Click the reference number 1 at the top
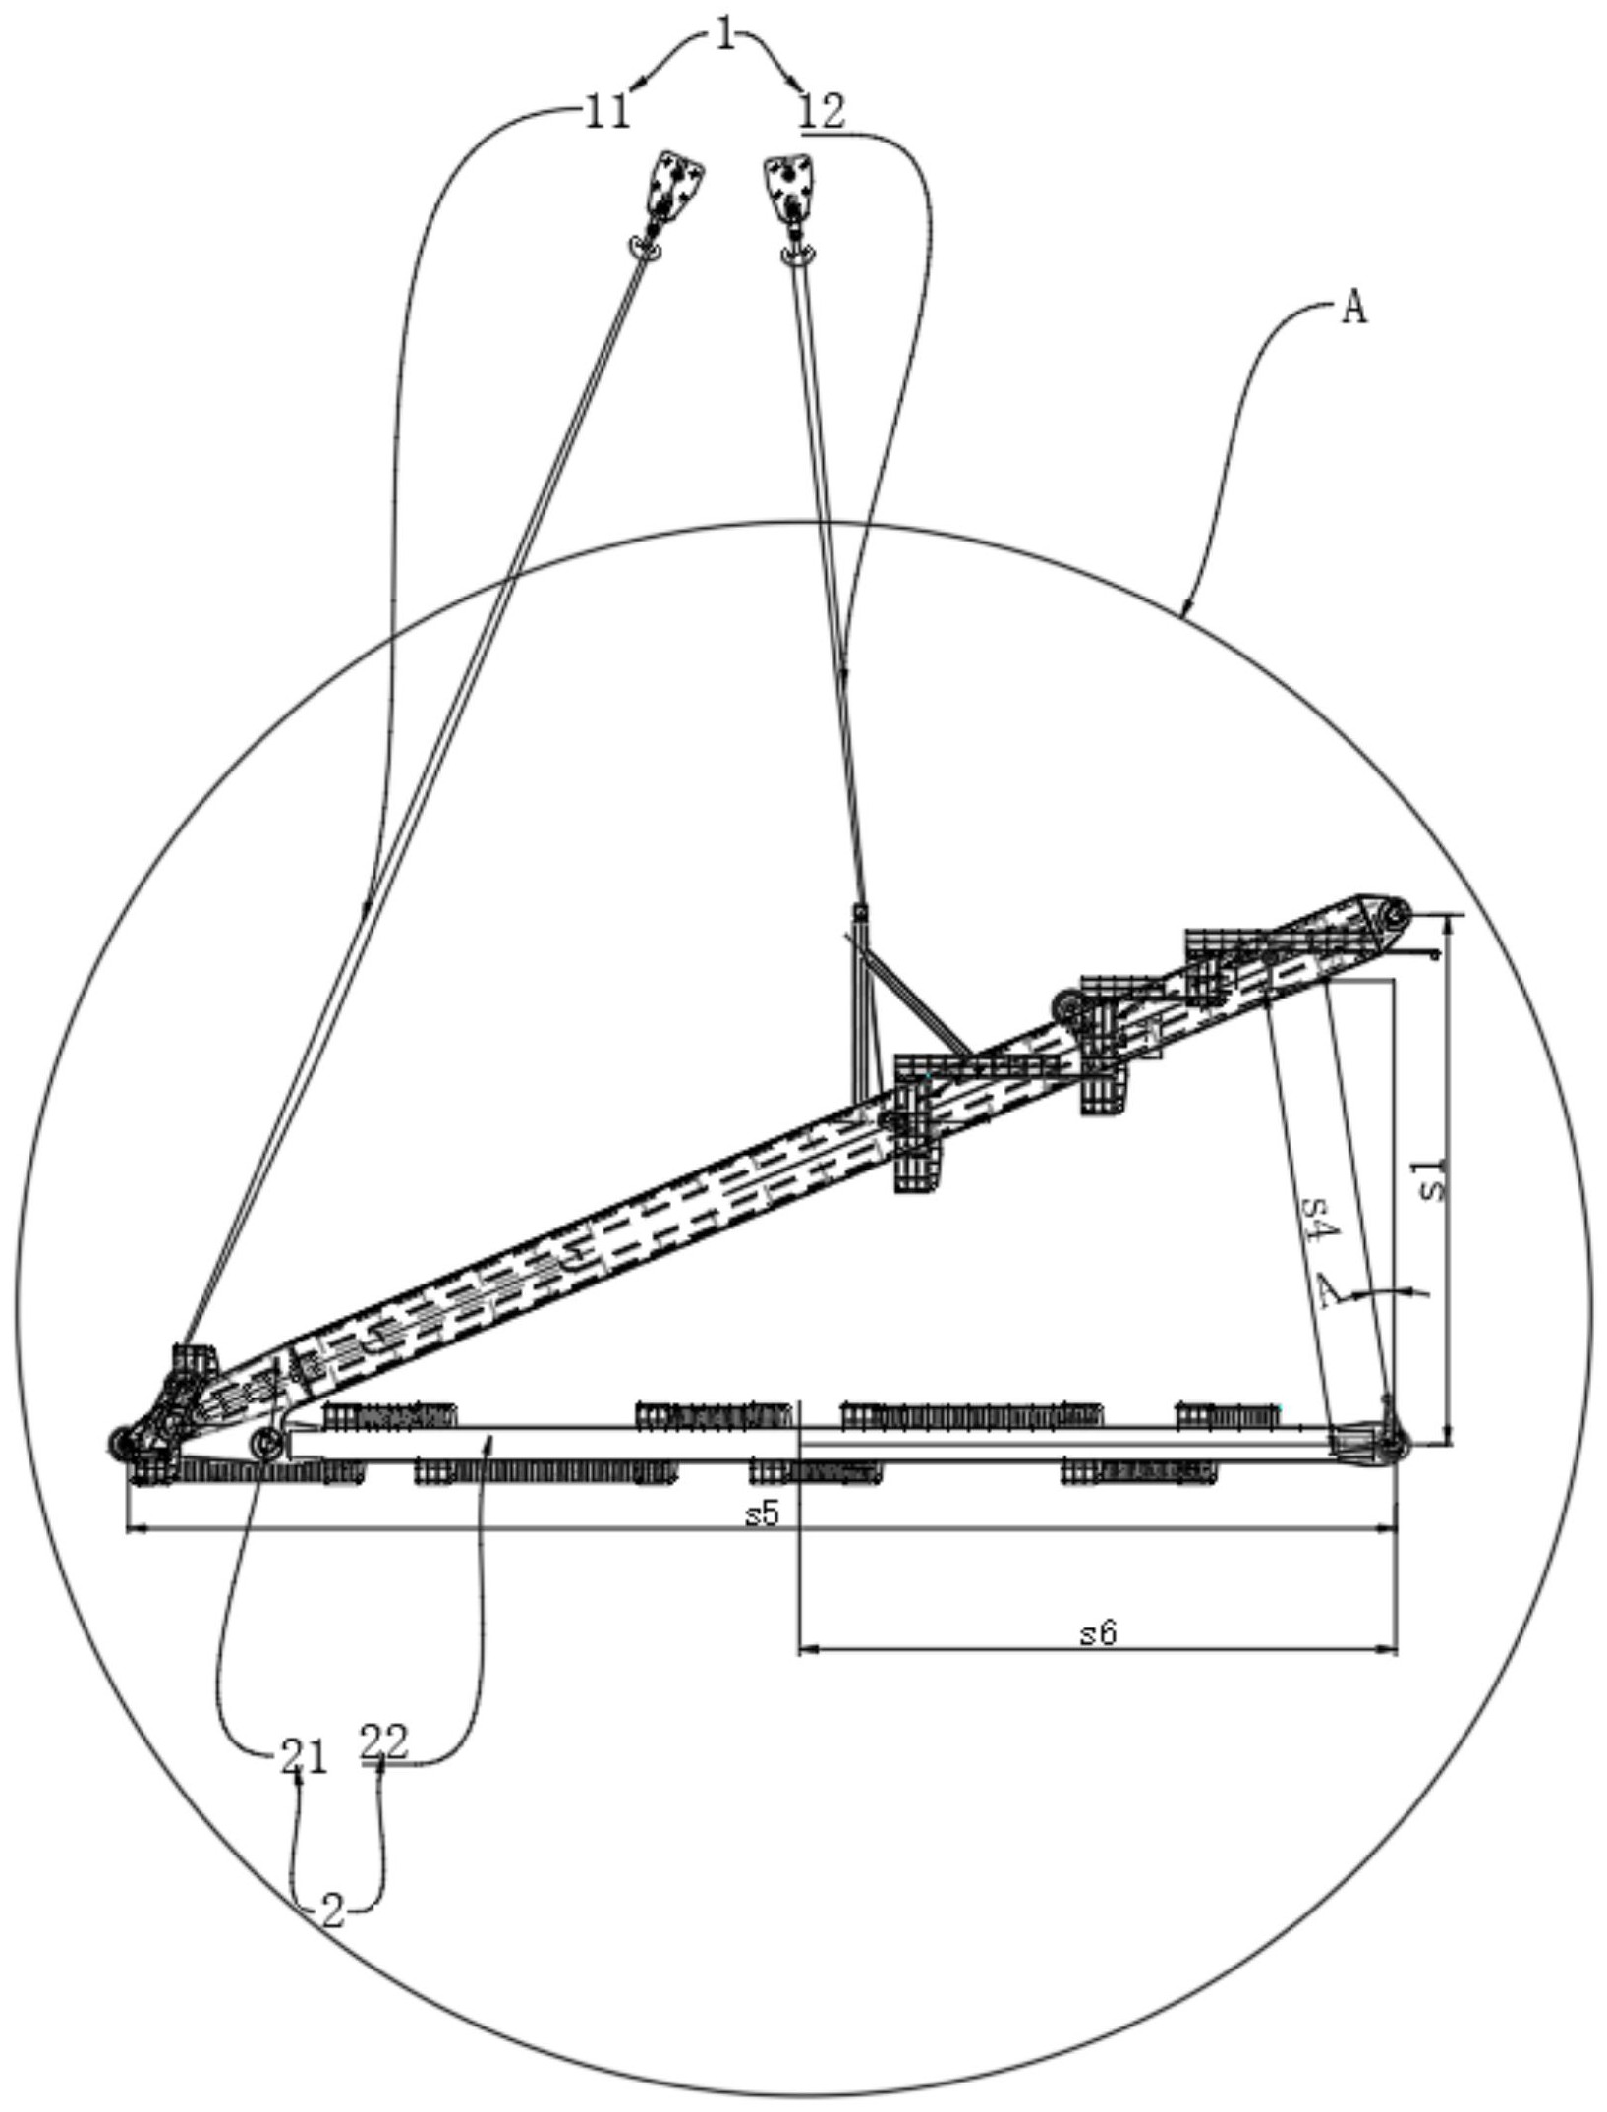click(725, 38)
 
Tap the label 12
click(822, 113)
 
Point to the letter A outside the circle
click(1354, 310)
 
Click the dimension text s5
click(762, 1514)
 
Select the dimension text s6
click(1099, 1633)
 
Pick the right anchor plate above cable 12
click(790, 188)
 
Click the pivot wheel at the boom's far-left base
click(122, 1443)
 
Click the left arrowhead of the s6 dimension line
click(809, 1648)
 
